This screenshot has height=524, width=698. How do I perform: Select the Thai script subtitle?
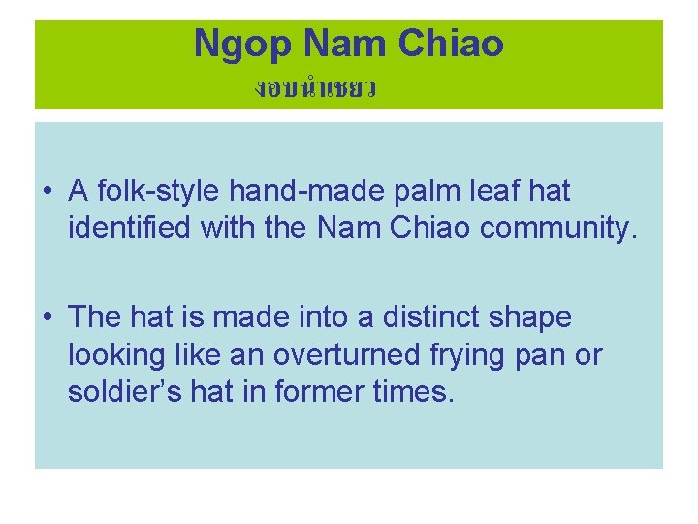[315, 89]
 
